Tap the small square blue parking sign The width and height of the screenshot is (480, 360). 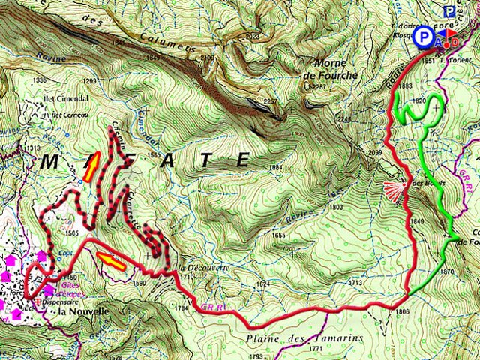[449, 11]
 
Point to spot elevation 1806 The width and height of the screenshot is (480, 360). [402, 311]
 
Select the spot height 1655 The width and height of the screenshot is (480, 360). [279, 235]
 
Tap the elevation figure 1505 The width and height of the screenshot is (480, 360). [72, 233]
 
